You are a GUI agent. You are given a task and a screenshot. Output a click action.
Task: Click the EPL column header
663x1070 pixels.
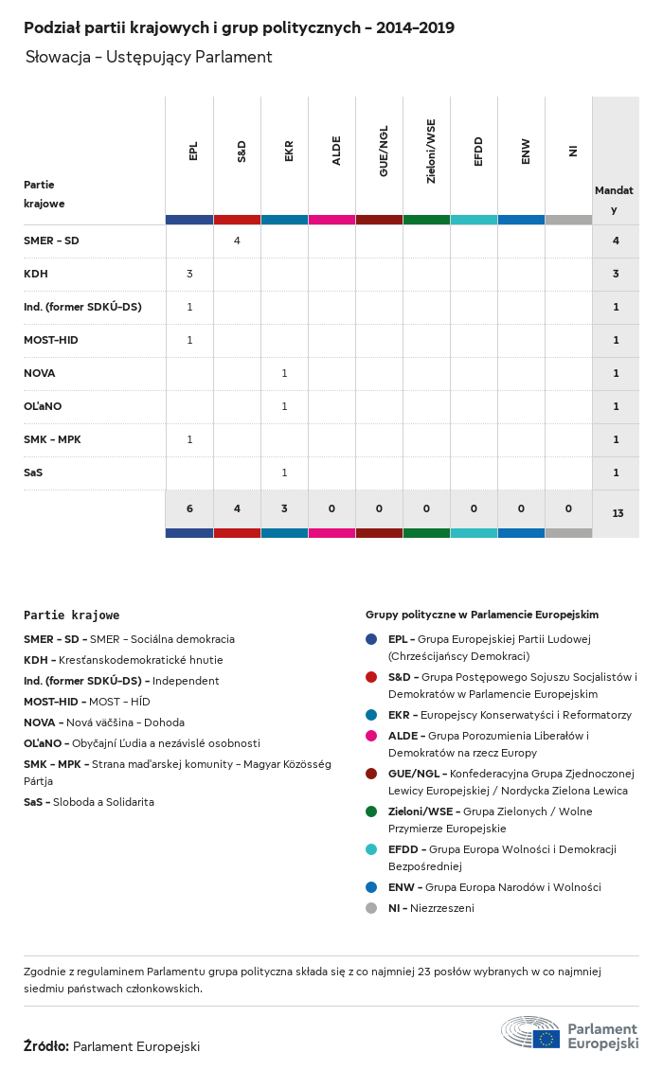pyautogui.click(x=193, y=152)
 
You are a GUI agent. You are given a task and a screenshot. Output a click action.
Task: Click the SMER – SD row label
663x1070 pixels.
pyautogui.click(x=51, y=241)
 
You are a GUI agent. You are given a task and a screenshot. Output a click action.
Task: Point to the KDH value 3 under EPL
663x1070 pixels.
pyautogui.click(x=189, y=274)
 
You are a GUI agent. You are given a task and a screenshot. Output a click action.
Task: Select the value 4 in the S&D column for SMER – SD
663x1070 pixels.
pyautogui.click(x=237, y=241)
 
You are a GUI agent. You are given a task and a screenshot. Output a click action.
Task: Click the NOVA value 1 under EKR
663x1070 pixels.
pyautogui.click(x=284, y=373)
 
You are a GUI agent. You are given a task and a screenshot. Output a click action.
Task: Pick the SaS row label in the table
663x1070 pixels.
pyautogui.click(x=33, y=473)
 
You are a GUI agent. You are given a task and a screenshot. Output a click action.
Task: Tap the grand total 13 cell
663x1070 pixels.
pyautogui.click(x=618, y=513)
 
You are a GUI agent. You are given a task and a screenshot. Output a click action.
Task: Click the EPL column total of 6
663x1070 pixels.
pyautogui.click(x=189, y=508)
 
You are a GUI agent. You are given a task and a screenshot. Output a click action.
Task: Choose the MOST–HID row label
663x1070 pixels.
pyautogui.click(x=52, y=340)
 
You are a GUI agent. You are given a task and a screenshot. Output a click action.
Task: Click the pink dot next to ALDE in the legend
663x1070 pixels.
pyautogui.click(x=371, y=736)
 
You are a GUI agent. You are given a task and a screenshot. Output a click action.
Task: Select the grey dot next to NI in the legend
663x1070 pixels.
pyautogui.click(x=371, y=908)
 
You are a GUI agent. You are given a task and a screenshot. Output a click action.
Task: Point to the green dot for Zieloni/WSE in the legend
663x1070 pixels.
pyautogui.click(x=371, y=811)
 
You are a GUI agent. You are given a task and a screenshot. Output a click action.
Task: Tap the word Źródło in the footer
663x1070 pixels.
pyautogui.click(x=45, y=1046)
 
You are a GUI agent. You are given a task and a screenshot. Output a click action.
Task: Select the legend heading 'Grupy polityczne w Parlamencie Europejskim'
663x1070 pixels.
pyautogui.click(x=482, y=615)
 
